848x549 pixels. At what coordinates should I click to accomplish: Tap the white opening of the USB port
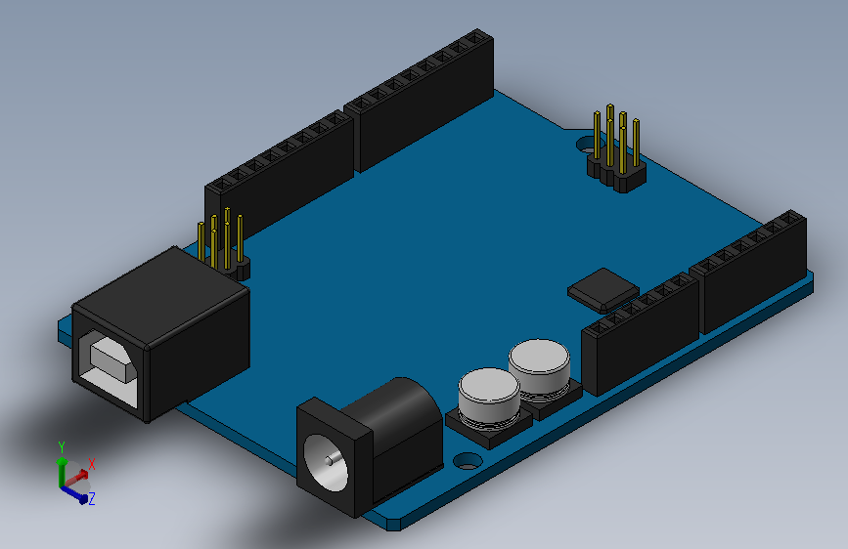(107, 362)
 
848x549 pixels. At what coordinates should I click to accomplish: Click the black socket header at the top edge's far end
(424, 98)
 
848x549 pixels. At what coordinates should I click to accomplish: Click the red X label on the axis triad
(92, 464)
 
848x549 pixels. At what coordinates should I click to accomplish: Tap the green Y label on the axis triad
(62, 446)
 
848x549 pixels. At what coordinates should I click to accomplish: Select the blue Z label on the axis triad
(91, 498)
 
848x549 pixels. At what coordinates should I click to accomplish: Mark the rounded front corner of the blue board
(392, 522)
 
